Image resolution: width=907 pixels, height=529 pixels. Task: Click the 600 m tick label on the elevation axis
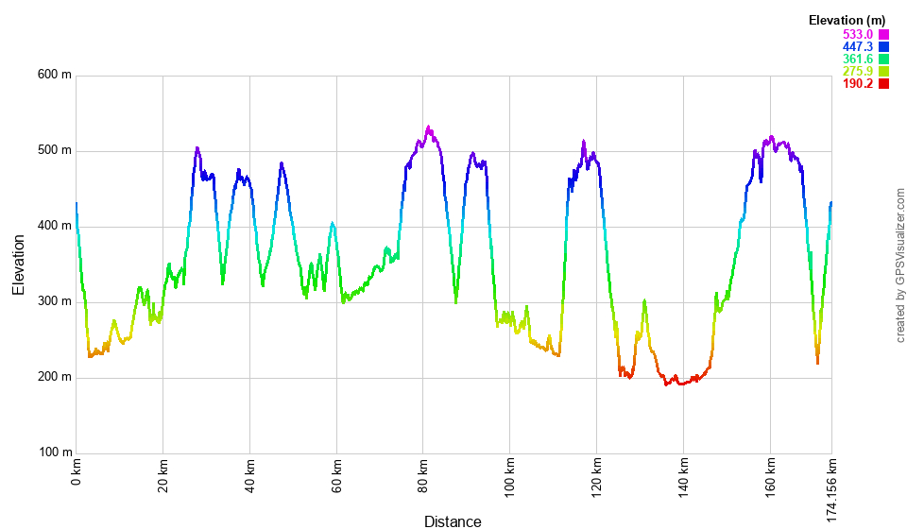pos(54,76)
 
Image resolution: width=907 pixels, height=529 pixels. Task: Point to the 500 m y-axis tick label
pos(54,151)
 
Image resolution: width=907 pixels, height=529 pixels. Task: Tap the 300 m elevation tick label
pos(54,302)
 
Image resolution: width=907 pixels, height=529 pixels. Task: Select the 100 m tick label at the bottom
pos(54,453)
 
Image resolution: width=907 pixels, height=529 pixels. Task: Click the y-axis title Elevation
pos(19,264)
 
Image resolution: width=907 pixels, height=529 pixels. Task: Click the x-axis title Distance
pos(453,521)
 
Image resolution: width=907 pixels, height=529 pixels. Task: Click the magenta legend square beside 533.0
pos(884,34)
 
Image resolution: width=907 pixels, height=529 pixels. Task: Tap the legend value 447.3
pos(858,46)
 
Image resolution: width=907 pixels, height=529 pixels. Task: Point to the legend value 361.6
pos(858,59)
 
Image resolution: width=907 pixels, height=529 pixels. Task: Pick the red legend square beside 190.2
pos(884,83)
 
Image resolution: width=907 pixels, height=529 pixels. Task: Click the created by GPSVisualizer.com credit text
pos(900,264)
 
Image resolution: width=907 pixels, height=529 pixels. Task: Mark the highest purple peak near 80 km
pos(428,128)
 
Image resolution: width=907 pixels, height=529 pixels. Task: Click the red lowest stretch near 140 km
pos(681,384)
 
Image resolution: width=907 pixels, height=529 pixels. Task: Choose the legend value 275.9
pos(858,71)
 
